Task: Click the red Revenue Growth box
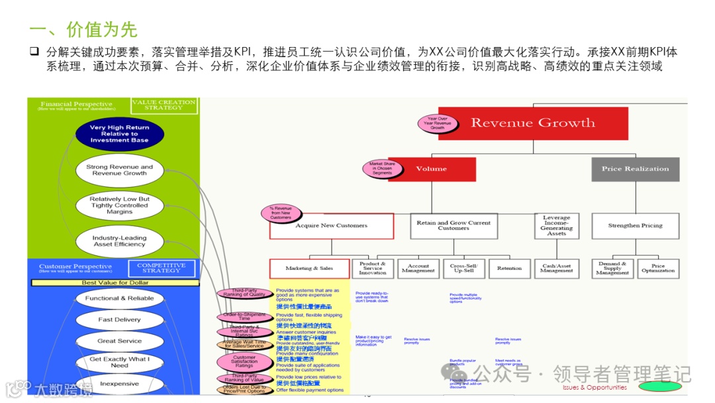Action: [533, 123]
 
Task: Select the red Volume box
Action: [432, 169]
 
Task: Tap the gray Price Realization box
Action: [635, 169]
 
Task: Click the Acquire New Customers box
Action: [331, 226]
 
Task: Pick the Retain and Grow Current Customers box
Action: [453, 225]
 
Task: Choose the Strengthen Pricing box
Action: [635, 226]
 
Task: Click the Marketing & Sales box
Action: [309, 268]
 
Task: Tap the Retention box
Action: [509, 268]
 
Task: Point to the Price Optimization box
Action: [658, 268]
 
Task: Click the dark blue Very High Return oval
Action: [120, 134]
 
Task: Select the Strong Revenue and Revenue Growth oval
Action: [120, 170]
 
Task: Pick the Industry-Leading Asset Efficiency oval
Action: [120, 241]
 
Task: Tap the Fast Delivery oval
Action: [120, 319]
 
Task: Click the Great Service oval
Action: [120, 341]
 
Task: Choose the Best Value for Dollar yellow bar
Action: [115, 283]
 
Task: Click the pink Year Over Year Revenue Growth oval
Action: [438, 123]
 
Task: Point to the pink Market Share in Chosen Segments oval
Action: [381, 168]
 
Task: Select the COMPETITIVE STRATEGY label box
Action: [161, 268]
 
